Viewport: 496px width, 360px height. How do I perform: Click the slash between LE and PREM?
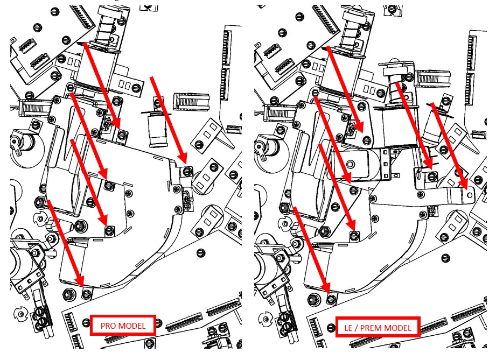tap(356, 328)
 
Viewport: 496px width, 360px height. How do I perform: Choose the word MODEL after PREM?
tap(397, 328)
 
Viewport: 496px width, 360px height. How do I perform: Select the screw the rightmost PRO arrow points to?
tap(187, 171)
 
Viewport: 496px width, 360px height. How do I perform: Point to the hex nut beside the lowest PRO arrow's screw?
tap(69, 294)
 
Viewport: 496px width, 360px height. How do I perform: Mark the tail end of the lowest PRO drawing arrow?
tap(48, 201)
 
